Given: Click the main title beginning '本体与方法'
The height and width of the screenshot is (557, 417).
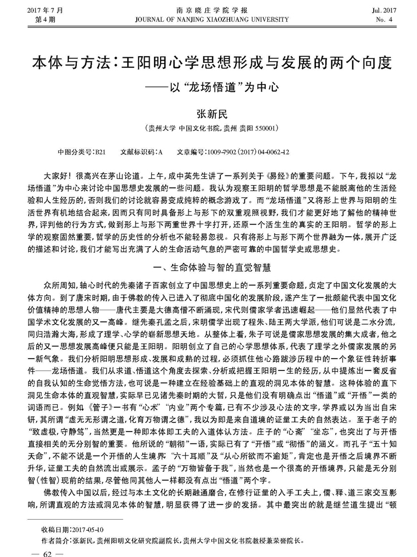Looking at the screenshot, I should [x=209, y=61].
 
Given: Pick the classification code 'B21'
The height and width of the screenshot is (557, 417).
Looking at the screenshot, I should [x=100, y=151].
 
